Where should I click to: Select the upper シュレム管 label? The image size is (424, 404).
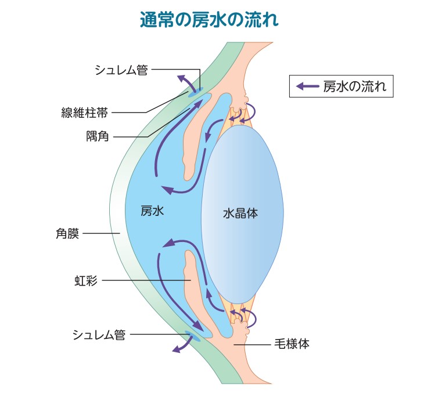click(x=121, y=71)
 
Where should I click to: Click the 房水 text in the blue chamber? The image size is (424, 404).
click(x=153, y=211)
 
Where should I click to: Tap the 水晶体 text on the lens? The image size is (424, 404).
click(x=240, y=213)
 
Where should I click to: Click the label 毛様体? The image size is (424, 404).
click(x=291, y=344)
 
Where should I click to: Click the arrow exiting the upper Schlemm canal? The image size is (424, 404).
click(x=185, y=81)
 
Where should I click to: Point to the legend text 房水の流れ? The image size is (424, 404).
click(x=355, y=88)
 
